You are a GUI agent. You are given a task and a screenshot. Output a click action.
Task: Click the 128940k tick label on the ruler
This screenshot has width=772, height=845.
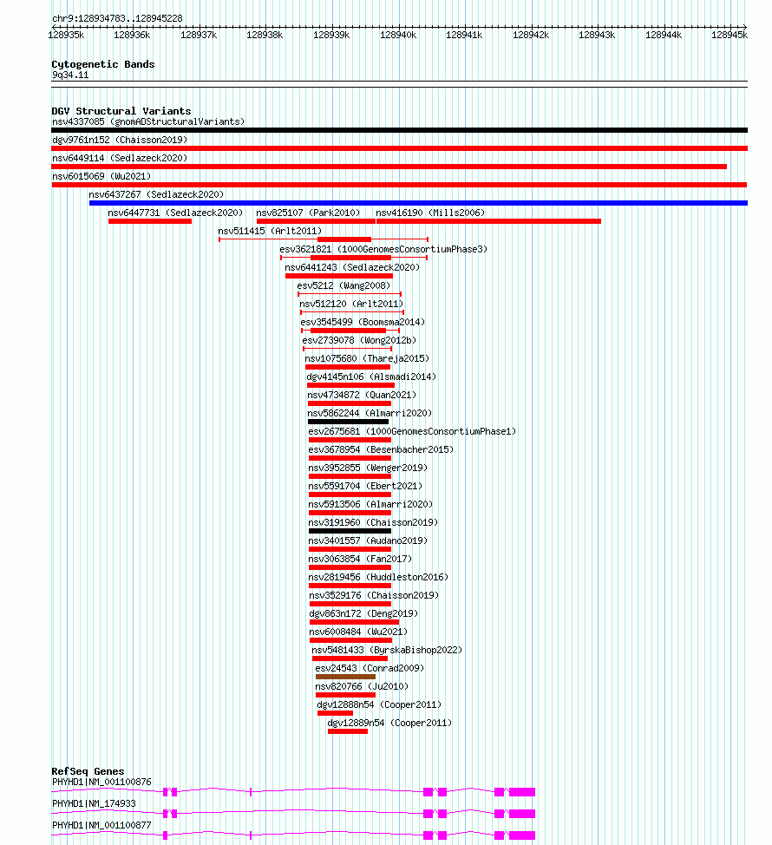[398, 35]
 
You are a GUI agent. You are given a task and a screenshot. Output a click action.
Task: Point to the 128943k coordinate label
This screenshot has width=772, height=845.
[597, 35]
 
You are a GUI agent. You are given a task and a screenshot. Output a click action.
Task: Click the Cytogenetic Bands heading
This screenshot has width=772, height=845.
[103, 64]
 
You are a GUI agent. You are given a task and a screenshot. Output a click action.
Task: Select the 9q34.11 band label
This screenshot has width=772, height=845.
[70, 75]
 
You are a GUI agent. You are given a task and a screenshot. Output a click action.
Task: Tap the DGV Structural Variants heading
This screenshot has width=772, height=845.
[121, 111]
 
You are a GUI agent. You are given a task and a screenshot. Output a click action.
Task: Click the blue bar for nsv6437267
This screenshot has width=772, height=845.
[418, 203]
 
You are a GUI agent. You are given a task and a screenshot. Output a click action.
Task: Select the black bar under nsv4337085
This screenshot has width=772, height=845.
[400, 130]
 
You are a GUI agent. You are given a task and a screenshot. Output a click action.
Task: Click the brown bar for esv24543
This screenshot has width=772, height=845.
[345, 677]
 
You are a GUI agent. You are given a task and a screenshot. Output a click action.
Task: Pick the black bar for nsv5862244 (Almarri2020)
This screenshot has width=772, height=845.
[348, 422]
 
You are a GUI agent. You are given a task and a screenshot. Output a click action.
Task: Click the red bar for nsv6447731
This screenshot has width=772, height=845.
[150, 221]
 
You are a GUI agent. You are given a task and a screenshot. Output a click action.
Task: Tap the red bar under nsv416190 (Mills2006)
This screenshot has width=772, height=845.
[488, 221]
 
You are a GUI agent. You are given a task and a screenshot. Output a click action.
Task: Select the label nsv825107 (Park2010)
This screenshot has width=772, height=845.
[308, 213]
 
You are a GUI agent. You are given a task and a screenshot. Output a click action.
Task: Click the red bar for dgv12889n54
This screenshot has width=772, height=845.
[348, 731]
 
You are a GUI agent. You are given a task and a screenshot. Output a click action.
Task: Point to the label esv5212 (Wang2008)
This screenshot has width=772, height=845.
[343, 285]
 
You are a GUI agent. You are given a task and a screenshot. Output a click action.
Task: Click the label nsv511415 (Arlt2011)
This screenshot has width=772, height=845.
[270, 231]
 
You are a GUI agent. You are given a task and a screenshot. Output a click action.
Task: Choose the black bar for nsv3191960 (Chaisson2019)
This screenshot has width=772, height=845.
[350, 531]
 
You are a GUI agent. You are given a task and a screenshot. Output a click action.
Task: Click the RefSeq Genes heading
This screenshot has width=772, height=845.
[88, 771]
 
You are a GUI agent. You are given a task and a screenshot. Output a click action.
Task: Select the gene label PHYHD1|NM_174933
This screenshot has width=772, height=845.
[94, 803]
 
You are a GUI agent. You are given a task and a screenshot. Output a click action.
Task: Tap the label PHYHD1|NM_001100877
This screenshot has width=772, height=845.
[101, 825]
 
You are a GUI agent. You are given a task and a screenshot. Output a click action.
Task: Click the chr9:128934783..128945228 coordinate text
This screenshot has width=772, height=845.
[117, 18]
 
